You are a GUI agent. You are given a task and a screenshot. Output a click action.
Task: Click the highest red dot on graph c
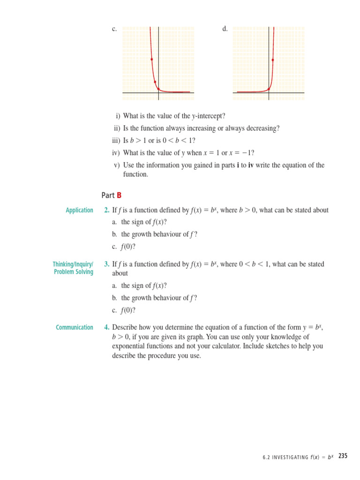click(152, 60)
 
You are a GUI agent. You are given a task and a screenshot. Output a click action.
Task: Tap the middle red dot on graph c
click(155, 82)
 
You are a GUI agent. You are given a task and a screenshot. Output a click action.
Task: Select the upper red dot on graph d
click(272, 60)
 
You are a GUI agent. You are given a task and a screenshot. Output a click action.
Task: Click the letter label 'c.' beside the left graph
click(114, 29)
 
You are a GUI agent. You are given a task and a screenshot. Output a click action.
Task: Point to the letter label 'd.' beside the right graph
click(225, 29)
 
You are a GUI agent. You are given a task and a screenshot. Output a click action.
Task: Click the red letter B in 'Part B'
click(119, 195)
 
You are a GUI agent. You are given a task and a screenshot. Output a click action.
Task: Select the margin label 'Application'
click(79, 210)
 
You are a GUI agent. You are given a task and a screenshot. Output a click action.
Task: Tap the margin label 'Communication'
click(75, 327)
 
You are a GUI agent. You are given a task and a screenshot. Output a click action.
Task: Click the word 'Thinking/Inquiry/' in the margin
click(73, 264)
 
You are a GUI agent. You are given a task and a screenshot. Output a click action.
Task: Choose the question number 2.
click(107, 210)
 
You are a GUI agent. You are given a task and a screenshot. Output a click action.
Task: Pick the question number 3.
click(107, 264)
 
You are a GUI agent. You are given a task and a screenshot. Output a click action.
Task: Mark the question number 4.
click(107, 327)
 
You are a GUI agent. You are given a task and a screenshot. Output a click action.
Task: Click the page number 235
click(343, 456)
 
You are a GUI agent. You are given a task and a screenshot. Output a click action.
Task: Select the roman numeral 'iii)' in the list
click(116, 140)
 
